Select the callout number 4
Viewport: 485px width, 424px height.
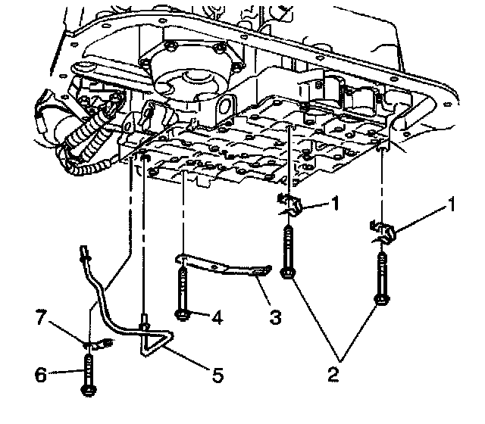pos(216,317)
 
